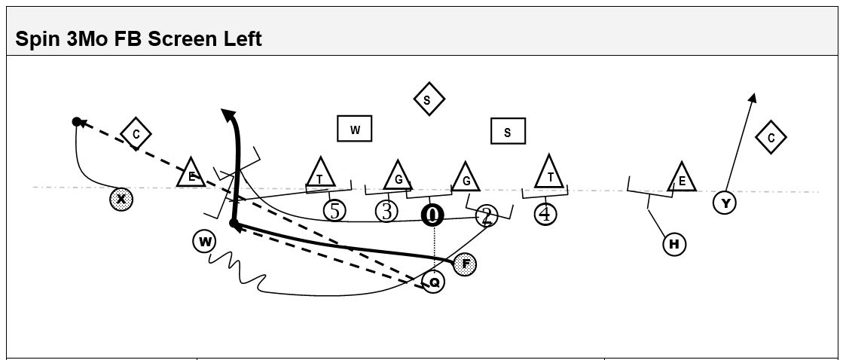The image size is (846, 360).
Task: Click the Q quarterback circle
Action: point(433,282)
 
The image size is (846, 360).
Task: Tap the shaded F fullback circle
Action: point(466,264)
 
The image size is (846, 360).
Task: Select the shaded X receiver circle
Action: point(121,200)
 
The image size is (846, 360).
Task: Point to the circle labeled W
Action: point(204,242)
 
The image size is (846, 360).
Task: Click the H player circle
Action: point(674,244)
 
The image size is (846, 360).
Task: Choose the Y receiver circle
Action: point(725,203)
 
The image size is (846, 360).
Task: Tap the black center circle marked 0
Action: point(432,215)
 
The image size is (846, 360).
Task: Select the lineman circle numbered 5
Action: point(334,211)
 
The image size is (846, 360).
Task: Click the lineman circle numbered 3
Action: point(386,212)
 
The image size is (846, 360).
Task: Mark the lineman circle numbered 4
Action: point(545,214)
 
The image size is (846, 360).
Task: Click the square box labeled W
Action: point(356,130)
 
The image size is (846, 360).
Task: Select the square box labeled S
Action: point(508,132)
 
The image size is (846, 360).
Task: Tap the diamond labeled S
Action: point(429,99)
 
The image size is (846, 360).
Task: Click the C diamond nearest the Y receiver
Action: point(771,138)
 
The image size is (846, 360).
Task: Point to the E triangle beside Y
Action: point(682,178)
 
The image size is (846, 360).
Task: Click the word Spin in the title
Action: point(34,39)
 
